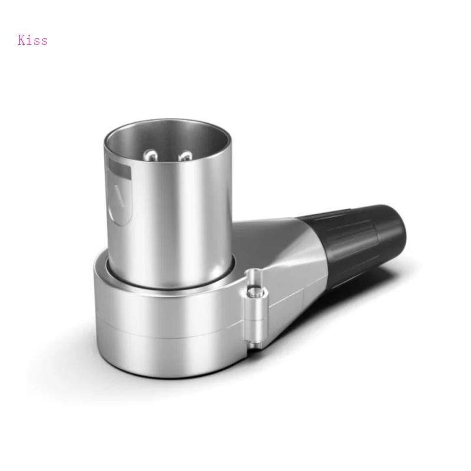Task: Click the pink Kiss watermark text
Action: point(32,40)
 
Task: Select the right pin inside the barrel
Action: point(186,156)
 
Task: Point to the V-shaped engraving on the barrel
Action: point(120,195)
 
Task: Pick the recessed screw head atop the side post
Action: point(255,276)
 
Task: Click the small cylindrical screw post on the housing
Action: point(254,306)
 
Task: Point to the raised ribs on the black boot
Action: point(353,235)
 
